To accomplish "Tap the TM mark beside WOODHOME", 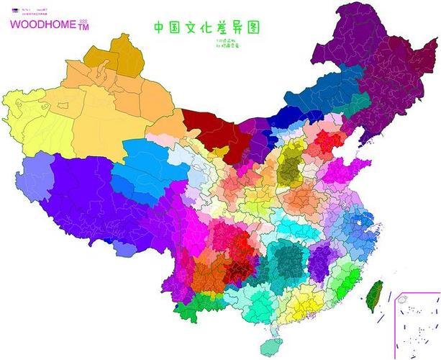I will [83, 27].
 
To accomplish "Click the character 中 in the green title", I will [160, 28].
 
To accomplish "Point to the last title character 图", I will [252, 27].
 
